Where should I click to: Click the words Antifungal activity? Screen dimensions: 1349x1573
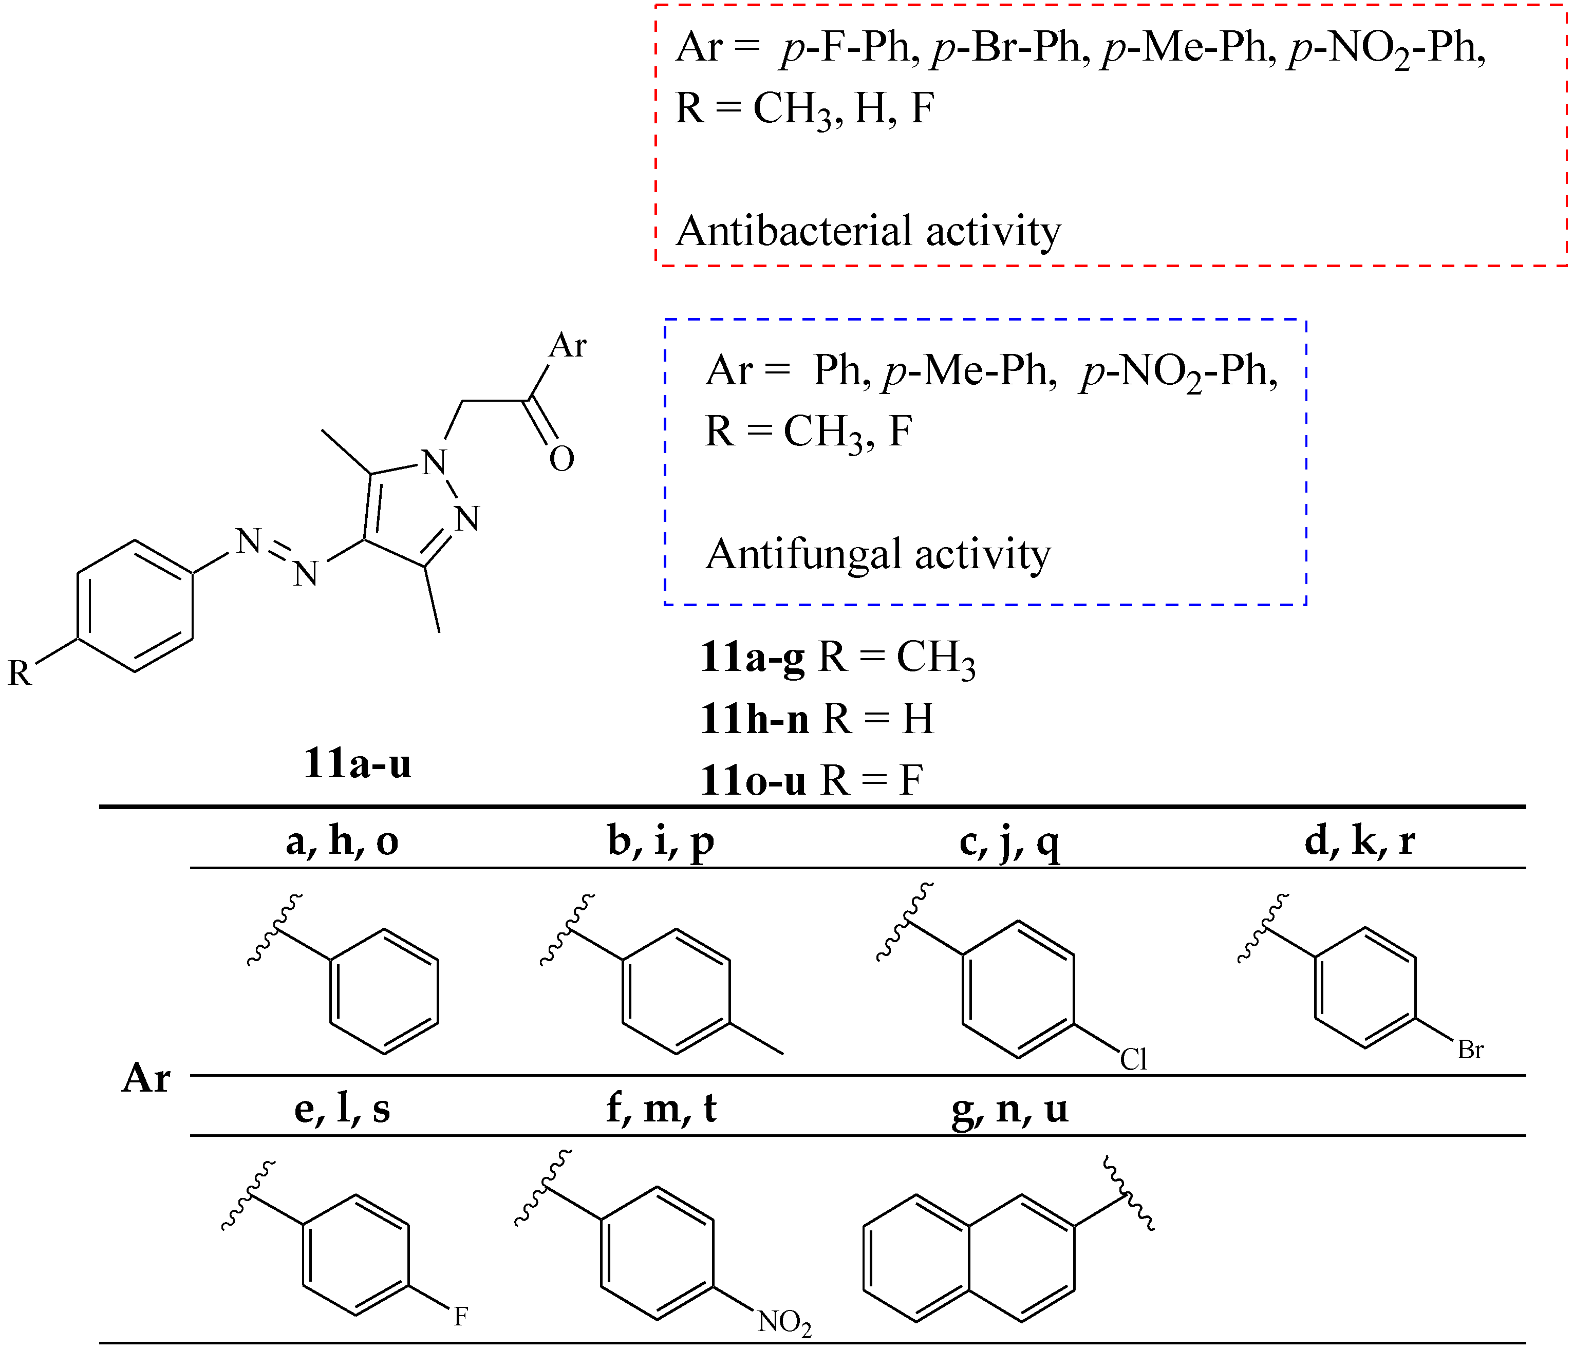pos(877,554)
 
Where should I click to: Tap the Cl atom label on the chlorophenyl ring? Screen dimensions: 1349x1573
pos(1133,1059)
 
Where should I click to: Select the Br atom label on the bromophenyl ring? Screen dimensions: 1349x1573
pos(1470,1050)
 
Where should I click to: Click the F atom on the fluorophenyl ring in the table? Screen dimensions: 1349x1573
pos(460,1316)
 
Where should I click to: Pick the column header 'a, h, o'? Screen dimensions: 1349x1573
pos(342,841)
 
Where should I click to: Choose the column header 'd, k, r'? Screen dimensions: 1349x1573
pos(1360,841)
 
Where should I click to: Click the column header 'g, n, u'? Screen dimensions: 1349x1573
pos(1009,1109)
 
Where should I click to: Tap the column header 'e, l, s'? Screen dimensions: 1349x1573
pos(342,1109)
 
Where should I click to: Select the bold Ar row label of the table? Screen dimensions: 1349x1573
pos(146,1078)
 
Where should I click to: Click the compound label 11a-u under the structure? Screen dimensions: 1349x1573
pos(357,764)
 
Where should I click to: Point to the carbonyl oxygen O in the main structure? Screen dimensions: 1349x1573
pos(562,459)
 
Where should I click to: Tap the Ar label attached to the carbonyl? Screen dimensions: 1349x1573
pos(568,345)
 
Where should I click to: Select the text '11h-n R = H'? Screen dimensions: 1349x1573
pos(817,718)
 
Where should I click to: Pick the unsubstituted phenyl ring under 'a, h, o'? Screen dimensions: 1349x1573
pos(383,990)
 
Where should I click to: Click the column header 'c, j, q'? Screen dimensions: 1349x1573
pos(1009,841)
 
